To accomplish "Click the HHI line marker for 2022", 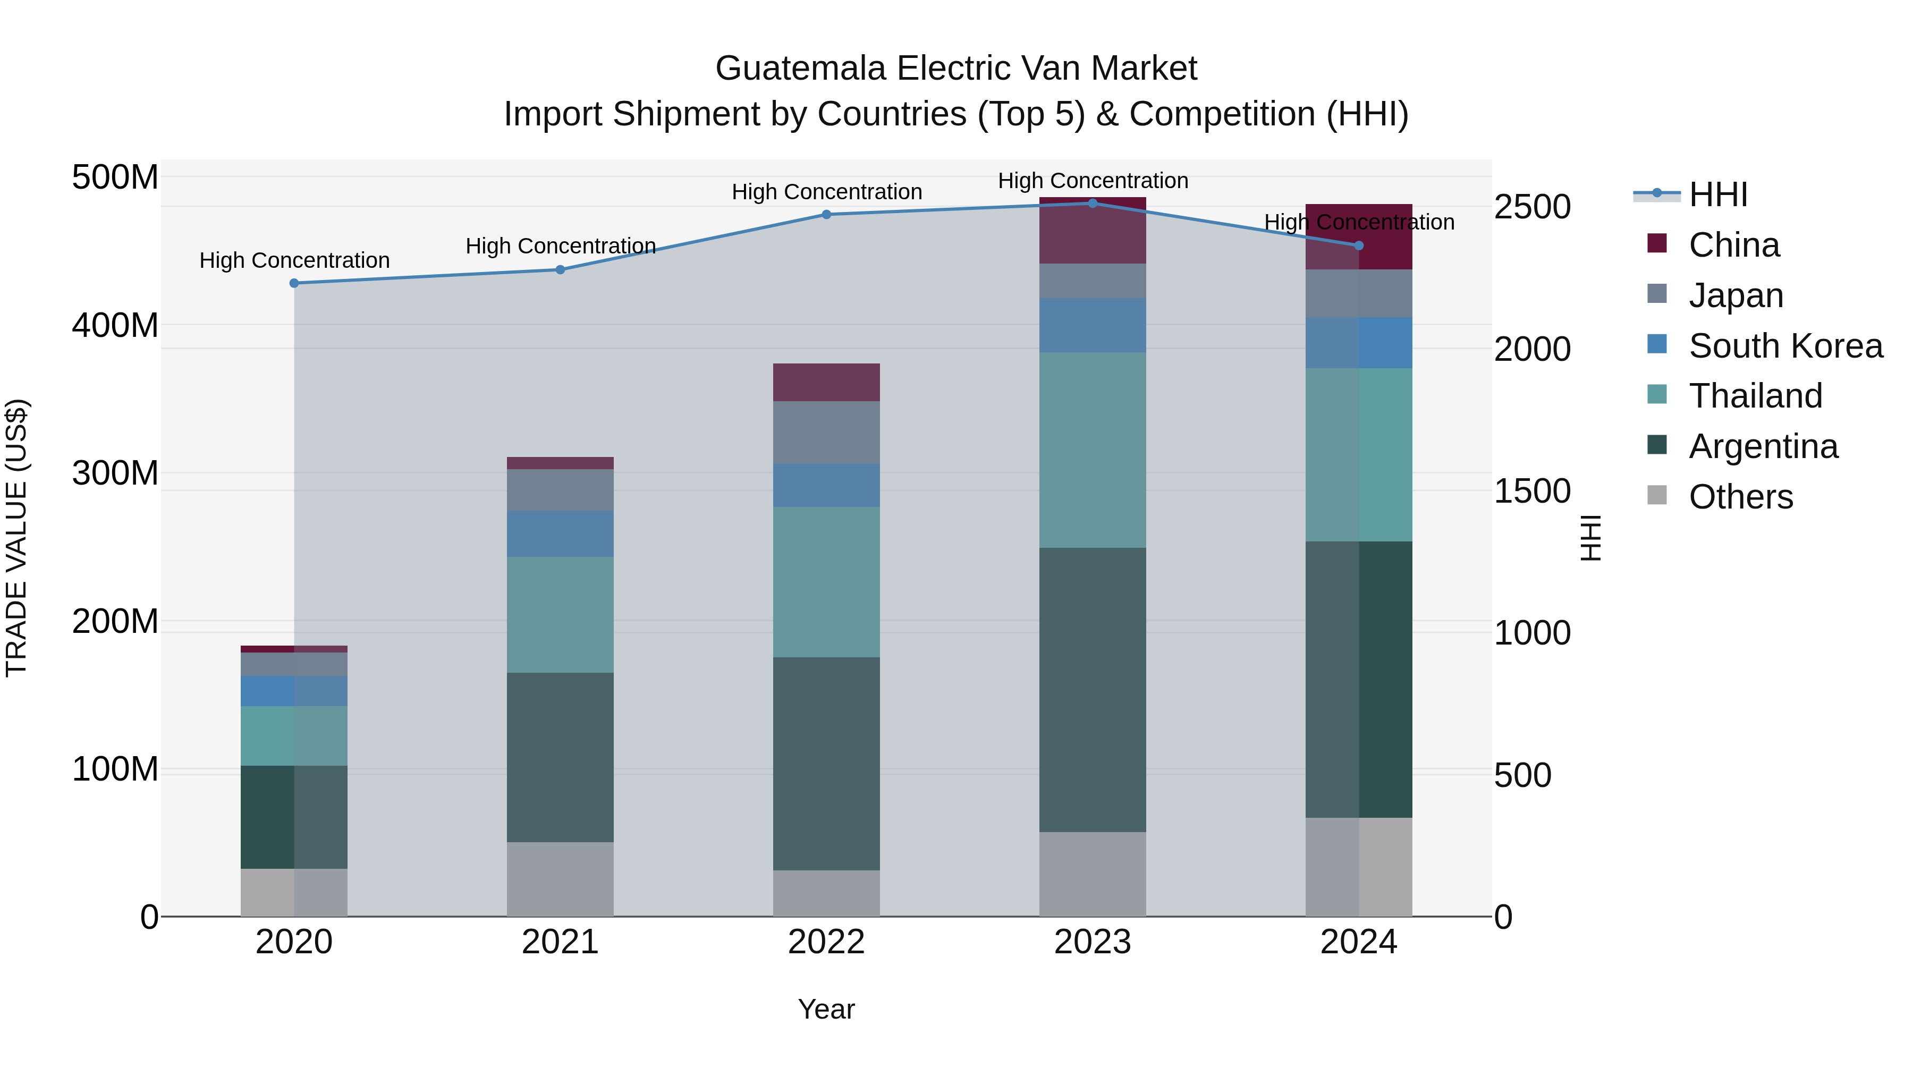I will [826, 215].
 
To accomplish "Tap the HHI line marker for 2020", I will [294, 283].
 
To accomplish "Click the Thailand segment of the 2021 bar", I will [560, 614].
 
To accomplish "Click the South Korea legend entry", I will [1784, 346].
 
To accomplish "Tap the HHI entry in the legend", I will [1717, 194].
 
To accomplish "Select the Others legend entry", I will [1739, 497].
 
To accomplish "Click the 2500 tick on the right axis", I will [1531, 207].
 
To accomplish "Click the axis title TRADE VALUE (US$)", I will [16, 538].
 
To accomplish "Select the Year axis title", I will [826, 1009].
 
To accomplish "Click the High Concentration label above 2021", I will [560, 246].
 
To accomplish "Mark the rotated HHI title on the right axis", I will [1590, 538].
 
